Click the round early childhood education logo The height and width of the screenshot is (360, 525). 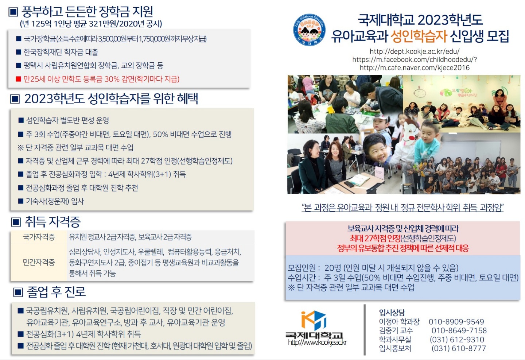[310, 30]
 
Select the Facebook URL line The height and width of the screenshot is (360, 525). [415, 59]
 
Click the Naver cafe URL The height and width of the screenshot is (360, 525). [415, 68]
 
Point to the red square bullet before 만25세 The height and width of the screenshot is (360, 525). [19, 79]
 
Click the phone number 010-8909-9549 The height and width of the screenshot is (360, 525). [456, 322]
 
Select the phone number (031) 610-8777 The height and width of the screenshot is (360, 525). [459, 348]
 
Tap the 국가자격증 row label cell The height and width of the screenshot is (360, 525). [39, 237]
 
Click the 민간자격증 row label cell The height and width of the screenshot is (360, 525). [39, 262]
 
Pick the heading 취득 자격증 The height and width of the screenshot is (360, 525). [52, 222]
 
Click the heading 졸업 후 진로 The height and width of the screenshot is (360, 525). [56, 292]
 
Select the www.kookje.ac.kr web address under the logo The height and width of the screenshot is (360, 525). [317, 342]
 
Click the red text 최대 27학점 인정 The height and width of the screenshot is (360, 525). [375, 238]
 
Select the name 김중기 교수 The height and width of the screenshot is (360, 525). [396, 330]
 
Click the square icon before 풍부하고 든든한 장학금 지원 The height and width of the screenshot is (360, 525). [13, 12]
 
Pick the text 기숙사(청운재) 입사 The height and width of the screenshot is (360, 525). [55, 201]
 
